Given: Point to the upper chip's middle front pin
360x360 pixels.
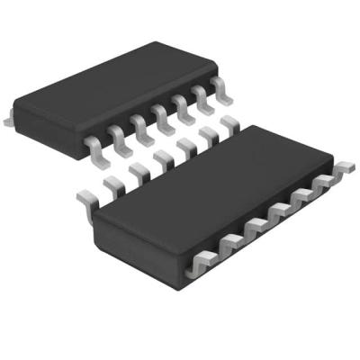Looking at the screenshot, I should (161, 114).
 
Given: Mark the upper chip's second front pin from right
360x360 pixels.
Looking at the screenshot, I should (200, 98).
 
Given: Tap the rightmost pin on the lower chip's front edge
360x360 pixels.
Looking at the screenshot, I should (343, 167).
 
